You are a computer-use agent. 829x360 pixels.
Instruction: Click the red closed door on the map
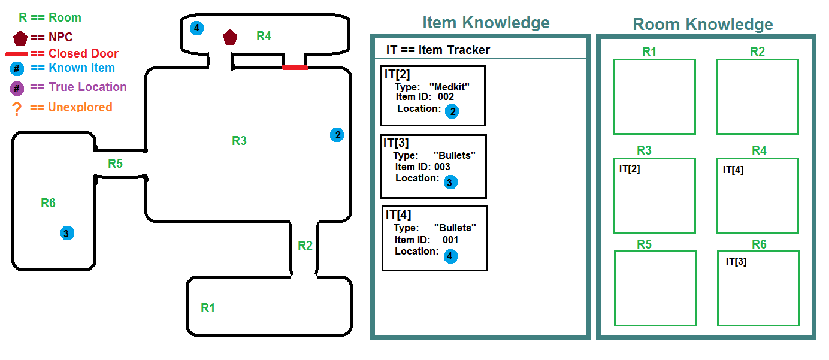point(295,68)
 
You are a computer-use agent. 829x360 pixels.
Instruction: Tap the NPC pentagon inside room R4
point(230,37)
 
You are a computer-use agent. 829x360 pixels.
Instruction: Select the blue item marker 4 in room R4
point(196,28)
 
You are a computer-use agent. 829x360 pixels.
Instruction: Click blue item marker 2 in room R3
point(337,135)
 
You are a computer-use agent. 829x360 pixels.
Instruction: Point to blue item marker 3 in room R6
point(67,233)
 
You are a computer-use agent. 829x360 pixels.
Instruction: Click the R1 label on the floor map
point(208,308)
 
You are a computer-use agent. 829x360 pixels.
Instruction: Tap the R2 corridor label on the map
point(305,246)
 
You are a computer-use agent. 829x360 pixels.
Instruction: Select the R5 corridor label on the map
point(115,163)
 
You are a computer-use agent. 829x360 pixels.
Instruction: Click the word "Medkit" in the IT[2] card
point(449,87)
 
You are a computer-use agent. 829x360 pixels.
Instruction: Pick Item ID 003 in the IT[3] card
point(422,167)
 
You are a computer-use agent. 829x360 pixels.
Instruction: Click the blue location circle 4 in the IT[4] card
point(450,256)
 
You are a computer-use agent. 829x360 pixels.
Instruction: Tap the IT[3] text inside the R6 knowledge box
point(736,262)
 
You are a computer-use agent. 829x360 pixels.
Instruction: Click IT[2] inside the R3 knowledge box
point(629,169)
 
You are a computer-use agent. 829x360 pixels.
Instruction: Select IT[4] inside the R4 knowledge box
point(733,170)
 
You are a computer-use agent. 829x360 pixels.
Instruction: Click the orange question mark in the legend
point(17,109)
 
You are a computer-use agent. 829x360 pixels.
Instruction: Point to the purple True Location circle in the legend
point(17,89)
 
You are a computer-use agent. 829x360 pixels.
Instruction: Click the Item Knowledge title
point(486,23)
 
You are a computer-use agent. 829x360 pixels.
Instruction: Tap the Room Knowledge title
point(703,25)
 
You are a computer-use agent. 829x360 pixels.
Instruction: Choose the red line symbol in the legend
point(17,54)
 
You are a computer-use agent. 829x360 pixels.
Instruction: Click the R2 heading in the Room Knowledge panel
point(757,52)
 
